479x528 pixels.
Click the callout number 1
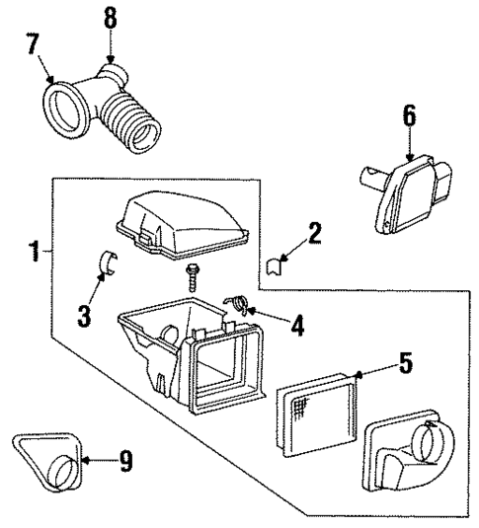36,253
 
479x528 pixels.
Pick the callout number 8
109,17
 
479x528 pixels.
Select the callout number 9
123,460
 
